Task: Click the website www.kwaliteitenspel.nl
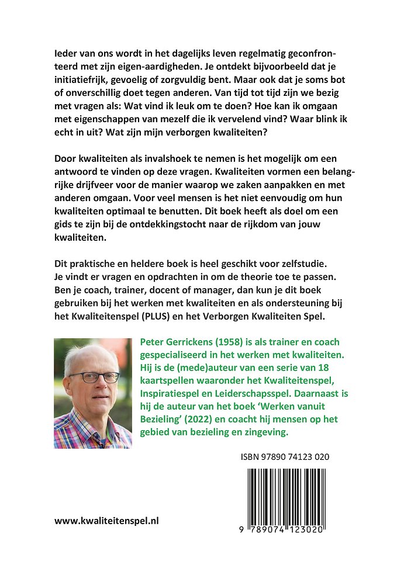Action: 107,521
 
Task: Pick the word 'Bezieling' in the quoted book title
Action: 161,419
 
